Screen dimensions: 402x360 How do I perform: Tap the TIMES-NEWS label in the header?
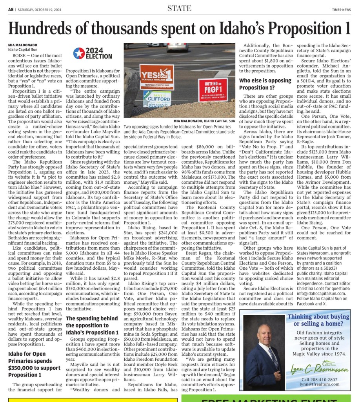341,10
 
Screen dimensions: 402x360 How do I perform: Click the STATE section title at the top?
179,8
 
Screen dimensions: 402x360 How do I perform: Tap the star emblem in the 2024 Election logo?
79,53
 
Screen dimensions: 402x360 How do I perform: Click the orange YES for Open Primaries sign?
156,77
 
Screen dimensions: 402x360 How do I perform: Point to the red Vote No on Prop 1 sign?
213,90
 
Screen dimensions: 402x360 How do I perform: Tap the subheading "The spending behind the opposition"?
91,325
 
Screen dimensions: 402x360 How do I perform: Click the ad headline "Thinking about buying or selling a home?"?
318,320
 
